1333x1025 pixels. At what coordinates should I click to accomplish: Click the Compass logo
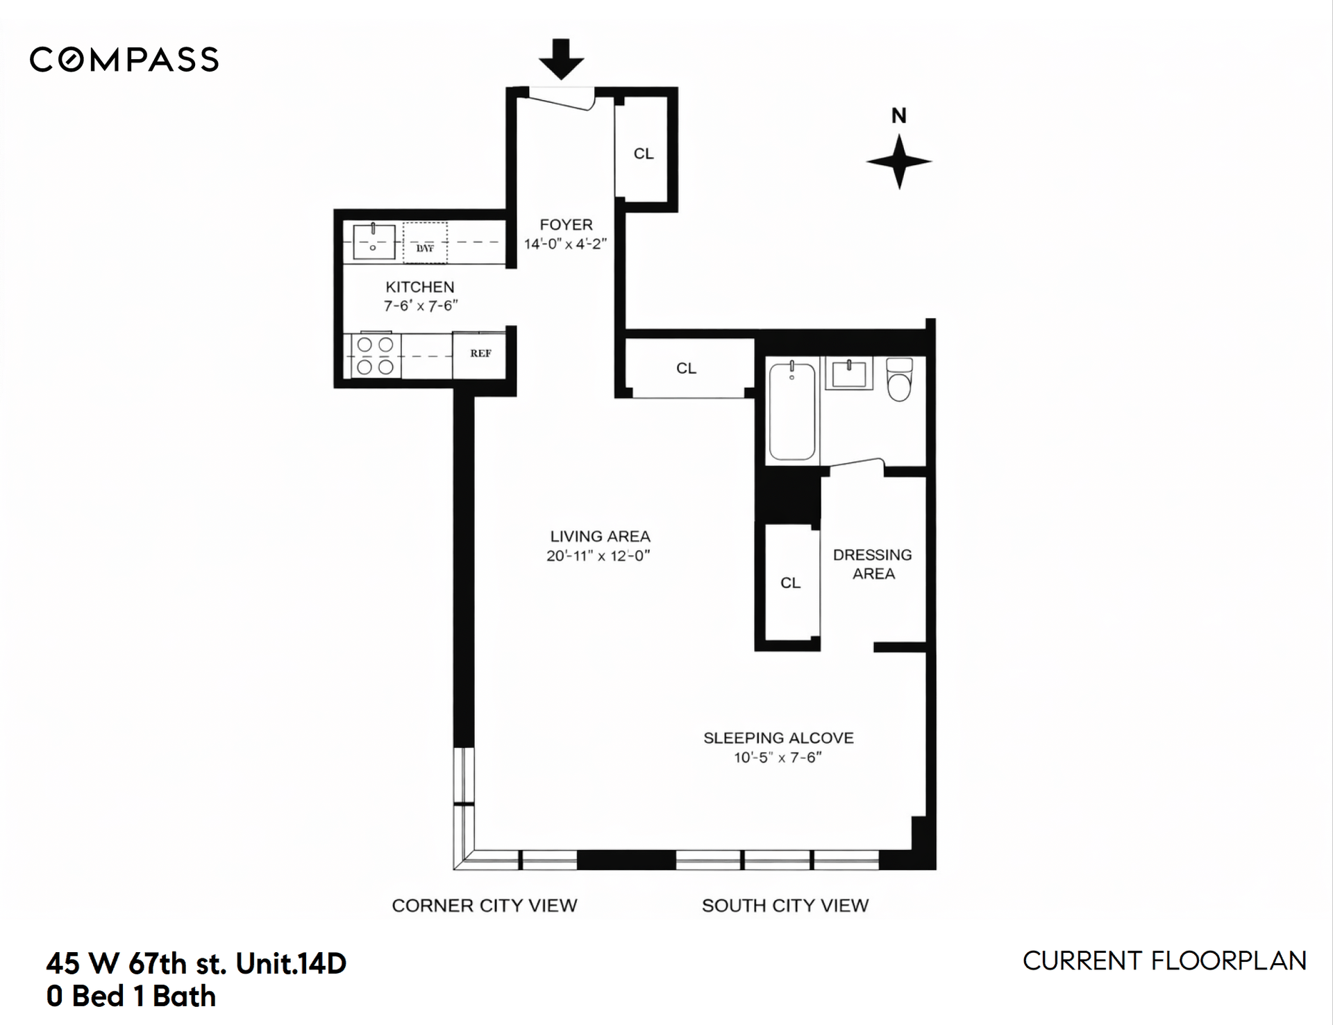click(124, 60)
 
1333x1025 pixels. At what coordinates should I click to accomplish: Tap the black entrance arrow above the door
click(561, 58)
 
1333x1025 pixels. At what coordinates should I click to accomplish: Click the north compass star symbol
click(899, 162)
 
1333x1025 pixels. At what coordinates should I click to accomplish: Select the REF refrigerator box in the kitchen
click(479, 355)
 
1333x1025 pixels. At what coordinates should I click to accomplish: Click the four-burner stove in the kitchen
click(376, 356)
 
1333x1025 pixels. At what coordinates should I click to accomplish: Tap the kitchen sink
click(374, 241)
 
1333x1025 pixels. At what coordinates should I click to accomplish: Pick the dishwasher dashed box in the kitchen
click(425, 243)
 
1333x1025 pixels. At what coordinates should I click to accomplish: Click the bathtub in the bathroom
click(792, 410)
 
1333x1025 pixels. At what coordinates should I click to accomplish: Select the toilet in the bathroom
click(900, 379)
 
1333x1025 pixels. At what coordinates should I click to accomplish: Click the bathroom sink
click(848, 373)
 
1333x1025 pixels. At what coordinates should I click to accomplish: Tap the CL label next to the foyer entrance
click(644, 153)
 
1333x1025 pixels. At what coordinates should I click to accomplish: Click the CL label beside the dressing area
click(790, 583)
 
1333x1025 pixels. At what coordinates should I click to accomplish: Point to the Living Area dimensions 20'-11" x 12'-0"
click(598, 556)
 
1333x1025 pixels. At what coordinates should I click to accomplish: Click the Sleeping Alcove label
click(778, 737)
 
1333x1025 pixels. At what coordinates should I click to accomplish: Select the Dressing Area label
click(873, 564)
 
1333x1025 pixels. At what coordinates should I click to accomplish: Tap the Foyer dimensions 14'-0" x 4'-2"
click(565, 244)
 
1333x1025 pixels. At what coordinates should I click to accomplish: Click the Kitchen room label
click(420, 287)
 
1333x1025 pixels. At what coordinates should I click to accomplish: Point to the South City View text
click(785, 906)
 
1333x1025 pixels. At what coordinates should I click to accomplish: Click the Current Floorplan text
click(1164, 961)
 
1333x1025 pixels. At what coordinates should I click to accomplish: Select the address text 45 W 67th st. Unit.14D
click(196, 964)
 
